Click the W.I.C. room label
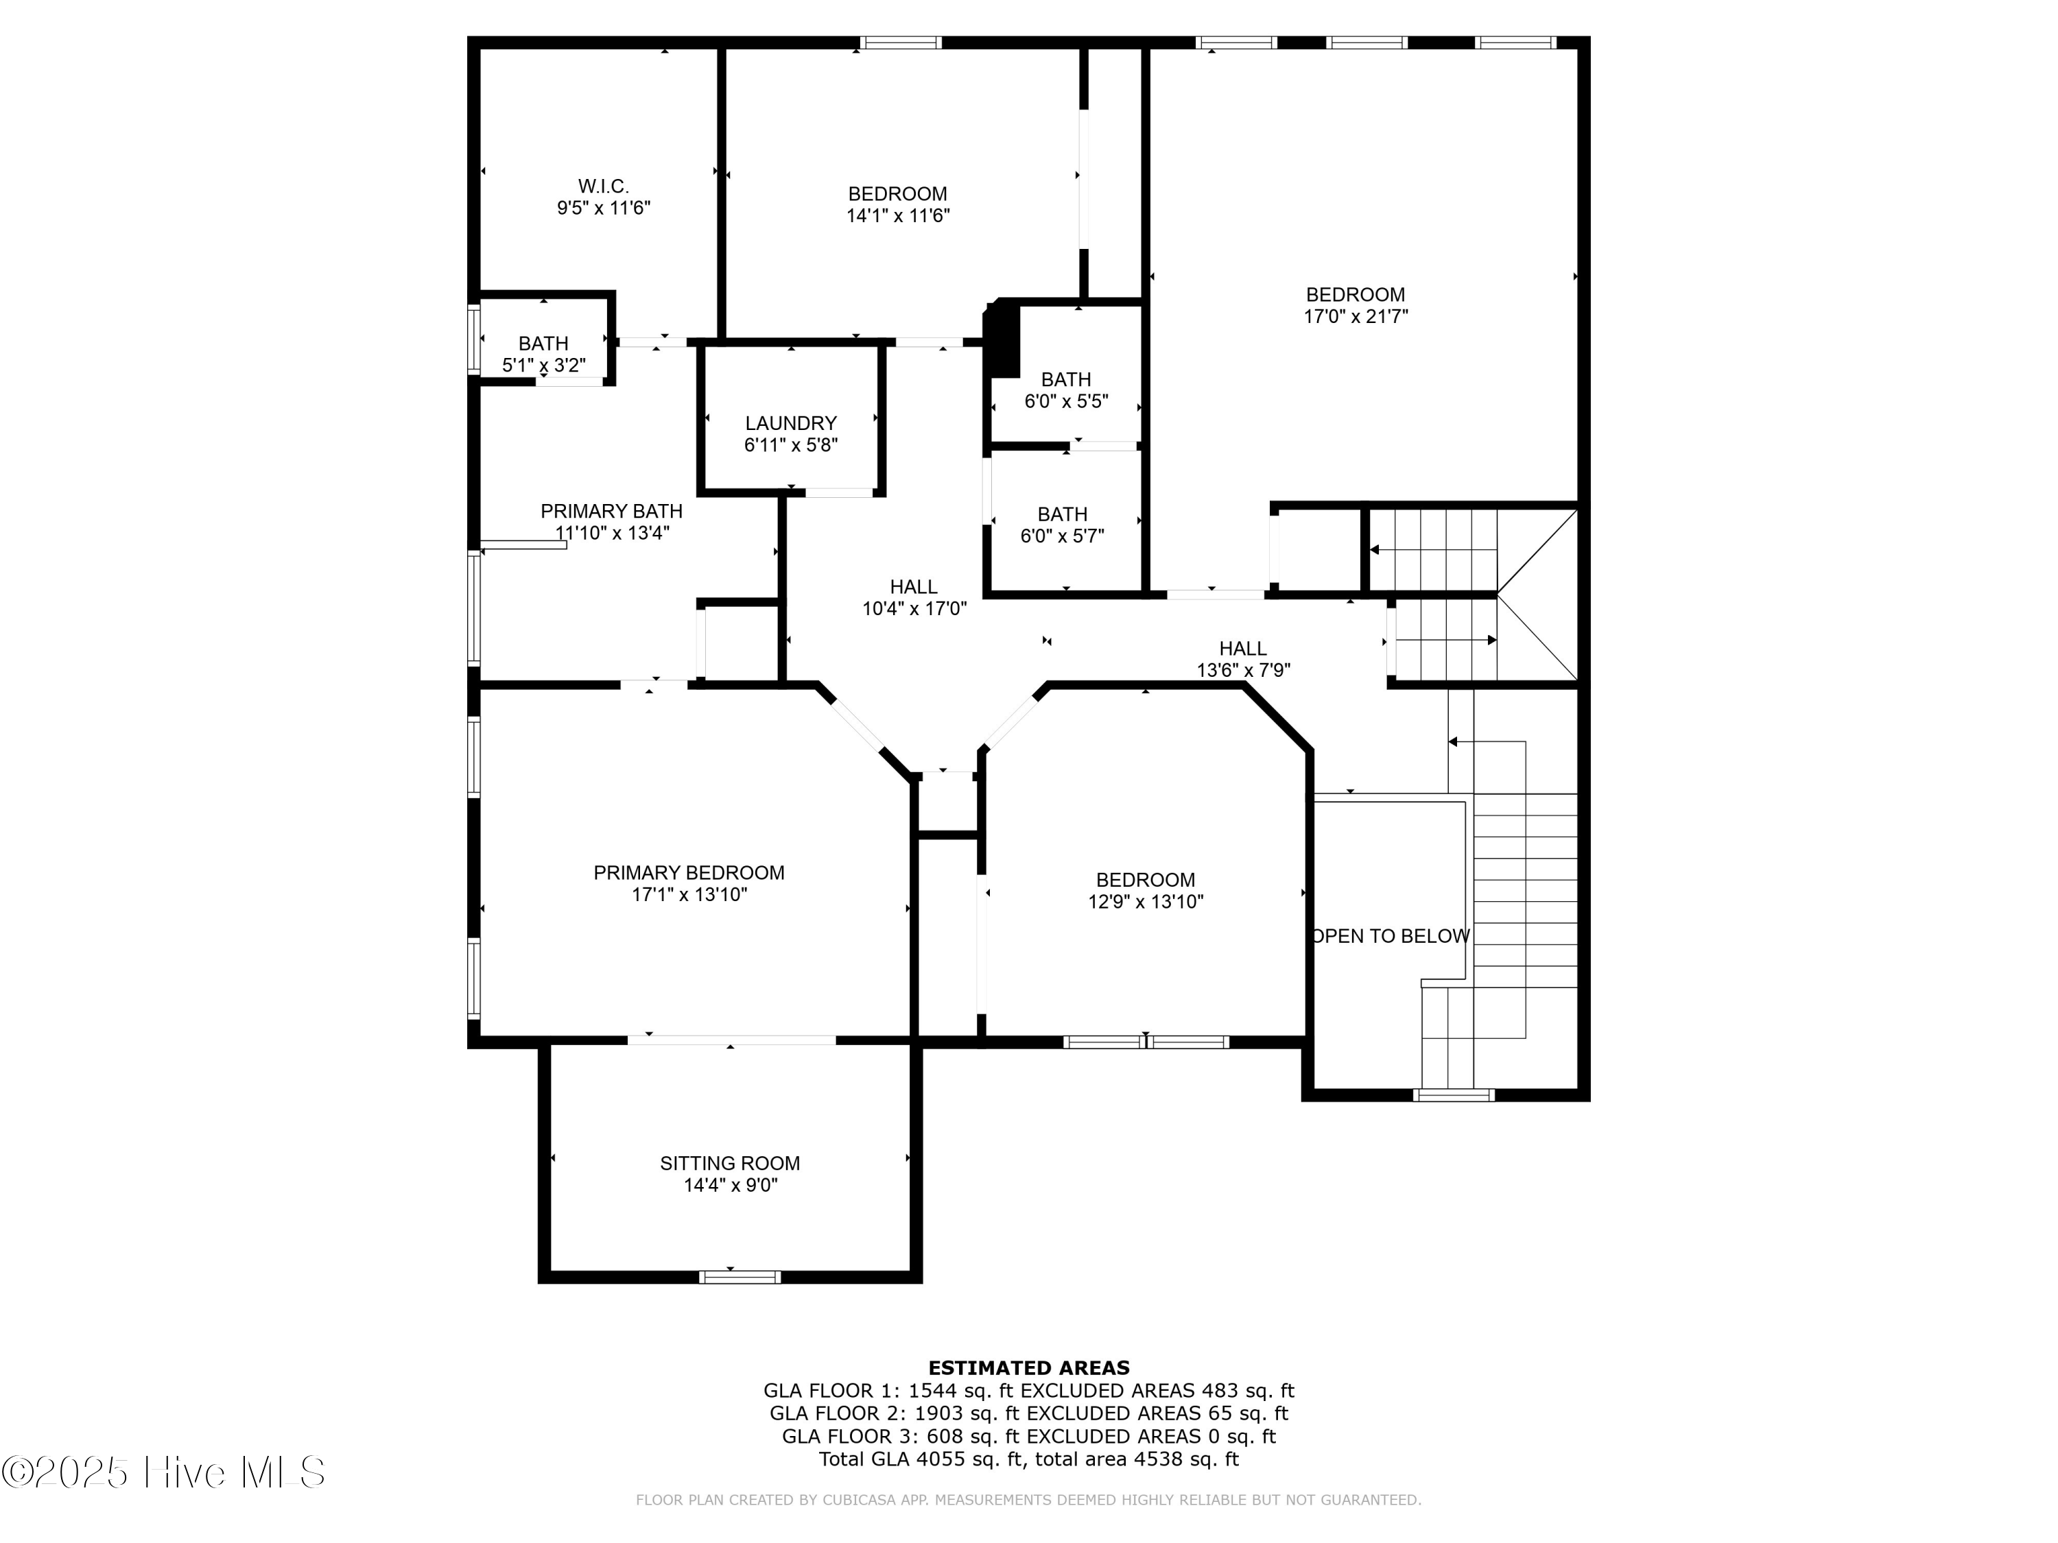(x=603, y=186)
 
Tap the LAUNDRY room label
(x=791, y=423)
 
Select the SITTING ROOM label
(x=731, y=1162)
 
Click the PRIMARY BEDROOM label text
(x=689, y=872)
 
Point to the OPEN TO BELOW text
(x=1390, y=935)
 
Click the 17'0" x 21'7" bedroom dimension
(x=1356, y=316)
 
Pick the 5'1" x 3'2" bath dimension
(x=543, y=366)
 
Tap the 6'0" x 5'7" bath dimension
(x=1063, y=536)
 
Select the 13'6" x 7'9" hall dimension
(x=1243, y=669)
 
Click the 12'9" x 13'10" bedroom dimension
(x=1146, y=901)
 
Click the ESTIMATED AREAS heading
(x=1029, y=1367)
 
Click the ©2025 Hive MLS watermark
(x=164, y=1472)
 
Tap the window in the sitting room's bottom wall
(x=740, y=1277)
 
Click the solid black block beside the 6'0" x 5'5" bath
(x=1003, y=339)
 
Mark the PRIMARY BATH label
(x=611, y=512)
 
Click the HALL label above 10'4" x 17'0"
(x=914, y=587)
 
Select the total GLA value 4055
(x=941, y=1459)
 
